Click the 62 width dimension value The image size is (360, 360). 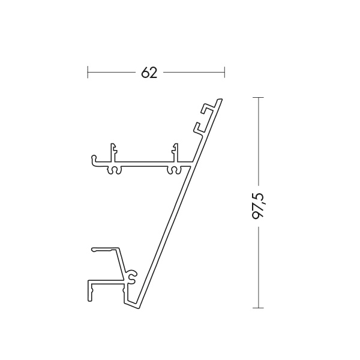pyautogui.click(x=149, y=73)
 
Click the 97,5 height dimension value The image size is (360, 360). pyautogui.click(x=259, y=206)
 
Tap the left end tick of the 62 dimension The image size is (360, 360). pyautogui.click(x=88, y=72)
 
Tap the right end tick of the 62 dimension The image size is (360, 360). pyautogui.click(x=224, y=72)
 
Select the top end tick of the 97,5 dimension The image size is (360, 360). pyautogui.click(x=258, y=98)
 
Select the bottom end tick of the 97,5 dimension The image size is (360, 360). pyautogui.click(x=258, y=308)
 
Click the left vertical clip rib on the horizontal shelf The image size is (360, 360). pyautogui.click(x=113, y=152)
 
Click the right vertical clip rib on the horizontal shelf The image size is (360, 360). pyautogui.click(x=175, y=152)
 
